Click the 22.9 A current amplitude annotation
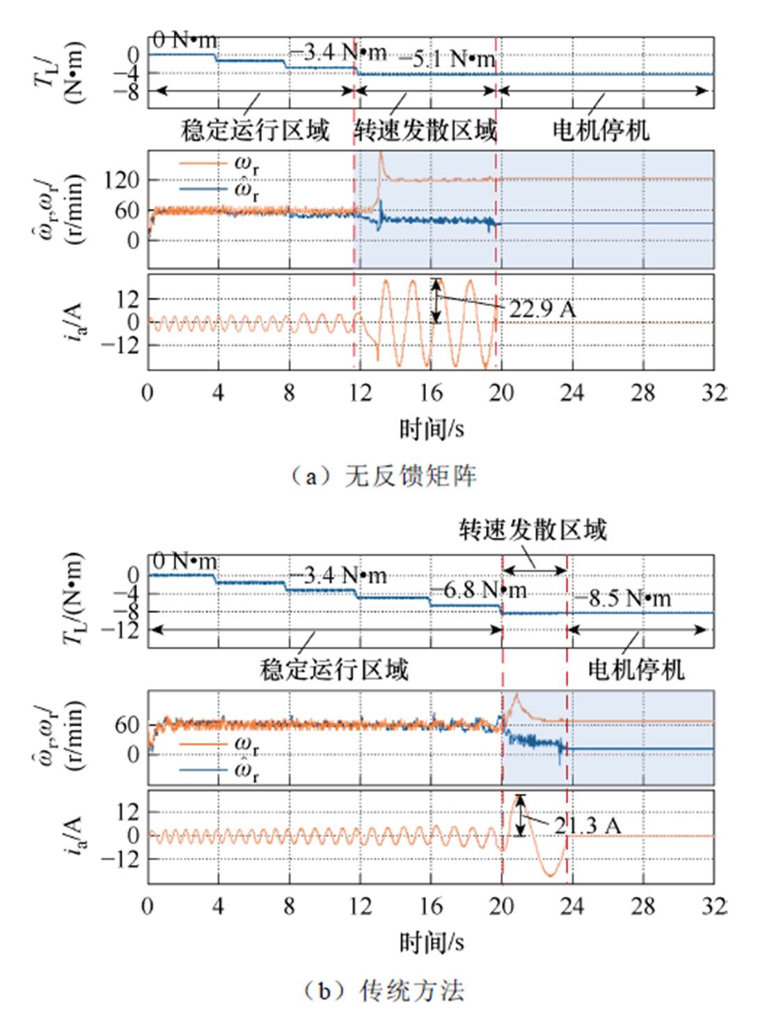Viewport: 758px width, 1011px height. tap(542, 309)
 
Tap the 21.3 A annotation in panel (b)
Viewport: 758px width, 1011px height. tap(587, 826)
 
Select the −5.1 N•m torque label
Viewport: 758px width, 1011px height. tap(448, 60)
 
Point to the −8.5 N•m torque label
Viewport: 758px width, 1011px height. tap(622, 598)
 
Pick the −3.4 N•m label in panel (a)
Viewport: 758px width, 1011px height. tap(338, 52)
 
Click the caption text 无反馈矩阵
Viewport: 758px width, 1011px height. tap(411, 476)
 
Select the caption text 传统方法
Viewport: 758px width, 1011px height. tap(411, 990)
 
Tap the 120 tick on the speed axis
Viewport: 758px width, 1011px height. tap(122, 180)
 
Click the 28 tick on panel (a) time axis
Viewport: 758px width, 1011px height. tap(642, 393)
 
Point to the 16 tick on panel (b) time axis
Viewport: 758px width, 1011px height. tap(431, 906)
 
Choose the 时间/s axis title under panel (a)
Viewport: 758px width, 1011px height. tap(432, 429)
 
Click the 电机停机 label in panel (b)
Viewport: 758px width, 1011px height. tap(635, 669)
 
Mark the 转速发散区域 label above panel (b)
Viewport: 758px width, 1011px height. tap(532, 530)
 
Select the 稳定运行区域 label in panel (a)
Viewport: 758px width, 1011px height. tap(255, 130)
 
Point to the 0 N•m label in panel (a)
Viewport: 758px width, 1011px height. tap(185, 40)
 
